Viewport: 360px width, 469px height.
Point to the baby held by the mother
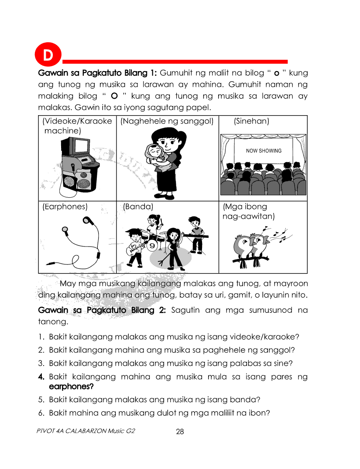[x=153, y=154]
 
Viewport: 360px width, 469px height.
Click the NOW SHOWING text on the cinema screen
[x=264, y=151]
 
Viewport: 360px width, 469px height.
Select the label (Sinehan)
[x=251, y=121]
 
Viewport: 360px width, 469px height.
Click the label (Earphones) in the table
[x=65, y=207]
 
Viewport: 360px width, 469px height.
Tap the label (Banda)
[x=138, y=207]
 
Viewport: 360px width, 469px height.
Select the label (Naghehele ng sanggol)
[x=167, y=121]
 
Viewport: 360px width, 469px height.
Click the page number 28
[x=180, y=432]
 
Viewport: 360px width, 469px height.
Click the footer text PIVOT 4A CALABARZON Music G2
[x=86, y=431]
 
